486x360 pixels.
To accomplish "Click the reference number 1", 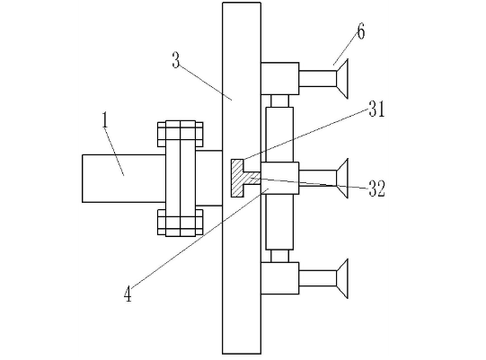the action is point(105,120).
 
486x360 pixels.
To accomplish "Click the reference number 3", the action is point(176,60).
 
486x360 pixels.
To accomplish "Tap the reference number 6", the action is point(361,31).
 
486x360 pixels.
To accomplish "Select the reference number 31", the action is point(376,109).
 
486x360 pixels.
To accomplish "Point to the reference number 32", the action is point(377,189).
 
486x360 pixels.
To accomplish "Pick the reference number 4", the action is point(128,294).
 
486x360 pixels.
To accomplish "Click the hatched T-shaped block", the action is point(243,178).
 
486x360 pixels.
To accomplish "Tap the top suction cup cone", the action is point(342,79).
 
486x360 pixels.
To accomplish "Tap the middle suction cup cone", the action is point(342,179).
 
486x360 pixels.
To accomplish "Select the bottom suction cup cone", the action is point(342,278).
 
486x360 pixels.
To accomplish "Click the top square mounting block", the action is point(280,78).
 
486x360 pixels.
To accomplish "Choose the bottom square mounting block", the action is point(280,278).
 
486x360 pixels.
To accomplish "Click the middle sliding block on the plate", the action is point(280,178).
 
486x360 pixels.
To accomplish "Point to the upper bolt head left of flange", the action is point(162,134).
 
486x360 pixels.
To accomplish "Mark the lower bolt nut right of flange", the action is point(199,222).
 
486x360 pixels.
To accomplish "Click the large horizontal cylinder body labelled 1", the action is point(124,179).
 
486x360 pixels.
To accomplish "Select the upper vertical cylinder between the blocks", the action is point(279,135).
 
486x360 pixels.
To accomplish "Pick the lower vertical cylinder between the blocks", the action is point(279,222).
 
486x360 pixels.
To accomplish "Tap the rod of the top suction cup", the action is point(318,79).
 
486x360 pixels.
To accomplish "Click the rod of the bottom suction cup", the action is point(318,278).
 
